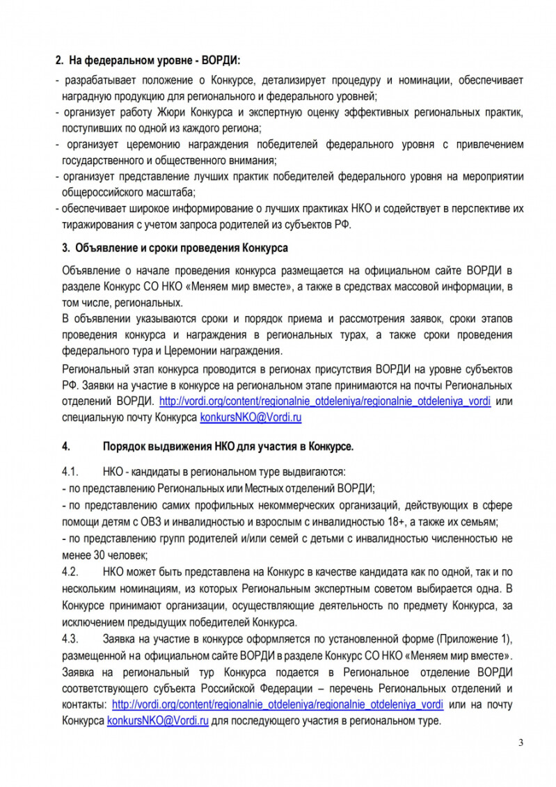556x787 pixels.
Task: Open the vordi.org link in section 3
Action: point(326,402)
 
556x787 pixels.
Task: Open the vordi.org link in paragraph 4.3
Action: point(277,704)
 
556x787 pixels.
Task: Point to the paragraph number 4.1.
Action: point(72,471)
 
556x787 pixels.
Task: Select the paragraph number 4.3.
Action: point(72,639)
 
